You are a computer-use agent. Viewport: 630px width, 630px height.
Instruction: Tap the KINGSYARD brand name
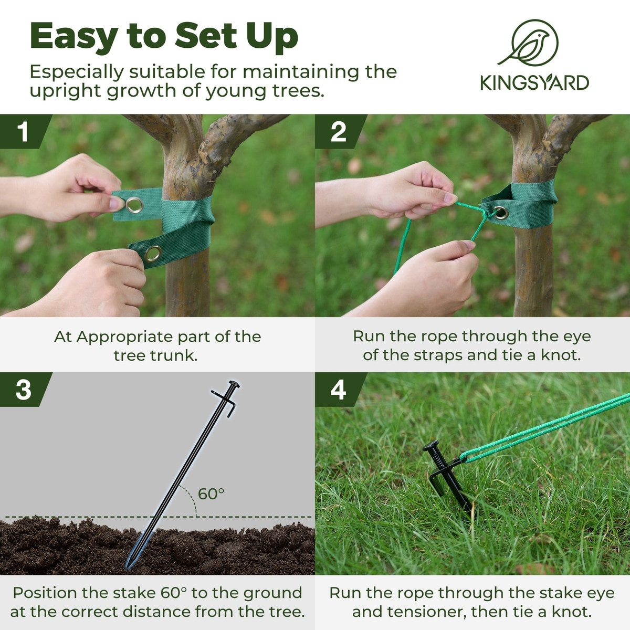(x=534, y=83)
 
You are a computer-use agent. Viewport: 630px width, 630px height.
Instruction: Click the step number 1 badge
(x=26, y=131)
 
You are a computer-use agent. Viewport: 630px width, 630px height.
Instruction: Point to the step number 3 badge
(x=26, y=390)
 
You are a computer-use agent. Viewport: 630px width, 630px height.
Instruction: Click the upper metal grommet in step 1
(x=134, y=205)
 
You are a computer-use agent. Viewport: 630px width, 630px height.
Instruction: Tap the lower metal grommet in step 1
(x=153, y=254)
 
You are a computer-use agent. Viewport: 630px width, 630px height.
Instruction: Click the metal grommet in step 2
(x=500, y=213)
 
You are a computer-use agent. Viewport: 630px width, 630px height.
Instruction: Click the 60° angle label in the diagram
(x=211, y=493)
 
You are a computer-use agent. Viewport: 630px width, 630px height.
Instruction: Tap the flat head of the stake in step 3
(x=234, y=384)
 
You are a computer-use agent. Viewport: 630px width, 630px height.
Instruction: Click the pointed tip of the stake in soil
(x=128, y=566)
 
